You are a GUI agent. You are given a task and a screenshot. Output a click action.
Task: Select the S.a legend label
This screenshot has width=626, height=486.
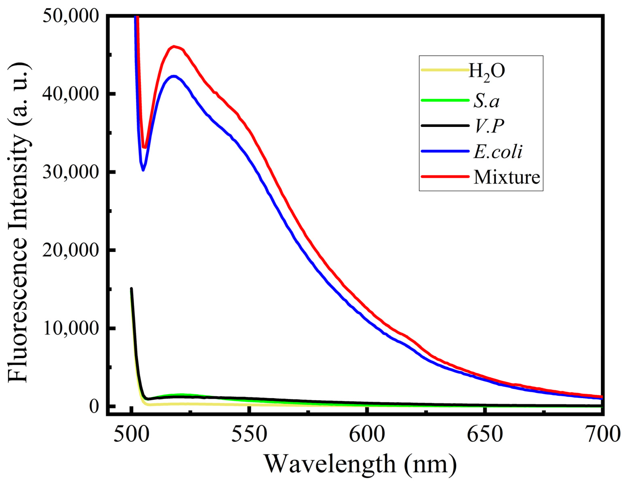coord(486,101)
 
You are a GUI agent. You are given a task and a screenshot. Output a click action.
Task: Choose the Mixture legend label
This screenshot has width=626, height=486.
coord(506,177)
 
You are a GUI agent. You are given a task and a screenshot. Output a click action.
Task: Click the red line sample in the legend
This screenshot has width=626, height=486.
coord(445,176)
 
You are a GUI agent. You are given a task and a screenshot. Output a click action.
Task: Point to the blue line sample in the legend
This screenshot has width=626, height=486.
coord(445,151)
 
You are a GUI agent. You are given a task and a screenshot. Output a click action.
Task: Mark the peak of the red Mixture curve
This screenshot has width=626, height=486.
coord(174,46)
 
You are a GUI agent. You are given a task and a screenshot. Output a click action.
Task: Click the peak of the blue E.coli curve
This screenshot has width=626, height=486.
coord(174,76)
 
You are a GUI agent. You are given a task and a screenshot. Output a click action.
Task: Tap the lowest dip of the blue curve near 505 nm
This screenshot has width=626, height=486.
coord(143,170)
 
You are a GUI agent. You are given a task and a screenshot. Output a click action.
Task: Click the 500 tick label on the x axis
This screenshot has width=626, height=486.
coord(131,434)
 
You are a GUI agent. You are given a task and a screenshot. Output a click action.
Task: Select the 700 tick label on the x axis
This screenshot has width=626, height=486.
coord(602,434)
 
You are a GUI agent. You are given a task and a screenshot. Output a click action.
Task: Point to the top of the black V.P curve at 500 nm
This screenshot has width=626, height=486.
coord(131,289)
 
